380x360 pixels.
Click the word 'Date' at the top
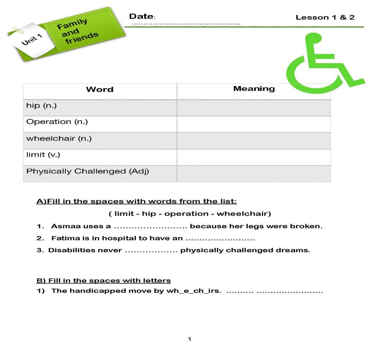(141, 16)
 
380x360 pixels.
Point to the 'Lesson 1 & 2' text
(325, 17)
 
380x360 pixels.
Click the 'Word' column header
(99, 89)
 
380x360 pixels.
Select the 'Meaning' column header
(254, 89)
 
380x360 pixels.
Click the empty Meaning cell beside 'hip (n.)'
(254, 107)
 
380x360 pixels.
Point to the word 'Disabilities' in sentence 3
(67, 250)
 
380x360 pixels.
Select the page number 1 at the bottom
(190, 339)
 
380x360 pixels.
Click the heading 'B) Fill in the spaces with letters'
(104, 280)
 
